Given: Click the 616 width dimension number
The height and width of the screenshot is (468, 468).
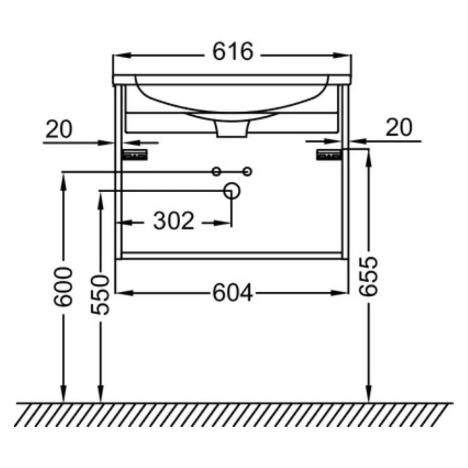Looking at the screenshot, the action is [x=233, y=51].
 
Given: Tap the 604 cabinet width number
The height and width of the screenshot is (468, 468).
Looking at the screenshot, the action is [x=233, y=293].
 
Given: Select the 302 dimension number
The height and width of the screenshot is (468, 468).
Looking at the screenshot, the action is [x=174, y=221].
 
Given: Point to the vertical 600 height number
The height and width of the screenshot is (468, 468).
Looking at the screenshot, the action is [x=63, y=287].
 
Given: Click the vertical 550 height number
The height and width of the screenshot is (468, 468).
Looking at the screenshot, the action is [x=100, y=295].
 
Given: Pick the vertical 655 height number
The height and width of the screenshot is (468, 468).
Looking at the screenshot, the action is [x=369, y=277].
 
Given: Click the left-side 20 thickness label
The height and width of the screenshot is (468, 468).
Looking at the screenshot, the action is [x=59, y=129].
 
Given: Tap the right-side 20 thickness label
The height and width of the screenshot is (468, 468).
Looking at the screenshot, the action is [x=399, y=127].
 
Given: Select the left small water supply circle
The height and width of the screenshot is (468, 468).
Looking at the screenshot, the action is [x=216, y=172].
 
